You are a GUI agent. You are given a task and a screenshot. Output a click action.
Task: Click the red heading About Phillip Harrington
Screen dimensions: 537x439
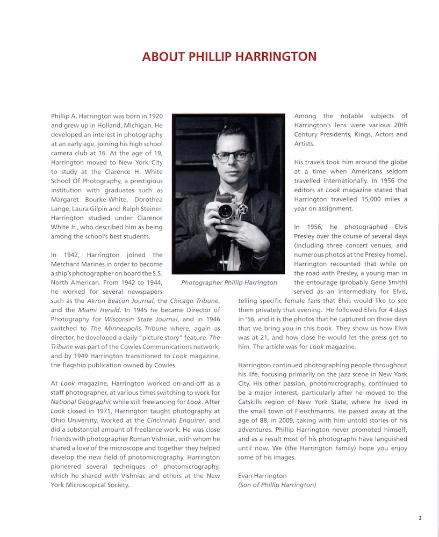click(229, 56)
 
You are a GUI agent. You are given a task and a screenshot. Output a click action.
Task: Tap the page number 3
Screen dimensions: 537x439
click(420, 518)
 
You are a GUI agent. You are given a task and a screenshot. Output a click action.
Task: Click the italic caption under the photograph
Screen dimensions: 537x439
click(229, 282)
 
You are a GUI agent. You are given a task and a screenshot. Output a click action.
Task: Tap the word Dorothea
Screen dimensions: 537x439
click(145, 200)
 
